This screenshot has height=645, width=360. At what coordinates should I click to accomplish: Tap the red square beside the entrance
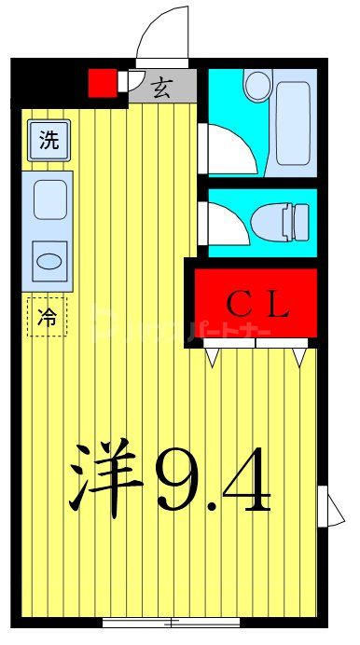(x=102, y=83)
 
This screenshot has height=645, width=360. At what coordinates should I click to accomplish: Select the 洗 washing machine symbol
(x=48, y=141)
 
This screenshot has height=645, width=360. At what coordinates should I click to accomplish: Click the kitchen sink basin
(x=48, y=199)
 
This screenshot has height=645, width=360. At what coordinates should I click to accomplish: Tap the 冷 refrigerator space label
(x=47, y=316)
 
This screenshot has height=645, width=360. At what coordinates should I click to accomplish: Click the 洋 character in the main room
(x=104, y=476)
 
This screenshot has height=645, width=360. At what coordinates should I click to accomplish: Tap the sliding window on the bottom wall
(x=173, y=622)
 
